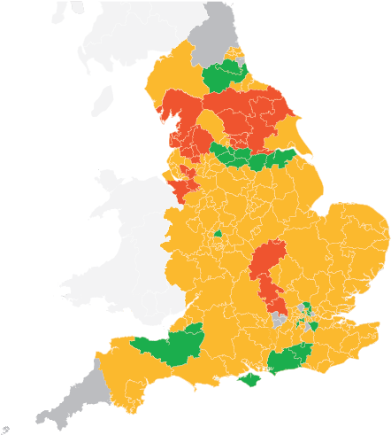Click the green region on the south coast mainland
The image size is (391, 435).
coord(287,359)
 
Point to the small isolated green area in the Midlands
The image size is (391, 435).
coord(217,234)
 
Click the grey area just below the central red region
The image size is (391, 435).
coord(279,319)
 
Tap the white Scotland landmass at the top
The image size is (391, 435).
coord(150,27)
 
